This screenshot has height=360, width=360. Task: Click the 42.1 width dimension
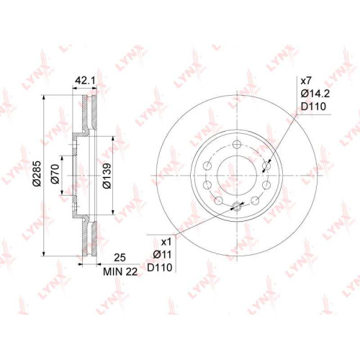pyautogui.click(x=85, y=81)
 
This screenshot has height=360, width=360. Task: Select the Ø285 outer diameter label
pyautogui.click(x=37, y=174)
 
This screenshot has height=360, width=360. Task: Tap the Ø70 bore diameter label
pyautogui.click(x=55, y=174)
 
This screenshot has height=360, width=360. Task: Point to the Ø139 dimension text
pyautogui.click(x=107, y=176)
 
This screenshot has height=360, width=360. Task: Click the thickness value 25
pyautogui.click(x=120, y=258)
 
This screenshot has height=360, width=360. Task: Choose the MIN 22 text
pyautogui.click(x=120, y=271)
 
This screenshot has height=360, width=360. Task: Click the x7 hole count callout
pyautogui.click(x=306, y=81)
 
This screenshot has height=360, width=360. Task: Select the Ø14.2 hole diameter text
pyautogui.click(x=315, y=94)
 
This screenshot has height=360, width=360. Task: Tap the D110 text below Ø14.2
pyautogui.click(x=314, y=107)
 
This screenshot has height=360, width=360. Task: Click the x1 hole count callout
pyautogui.click(x=166, y=242)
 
